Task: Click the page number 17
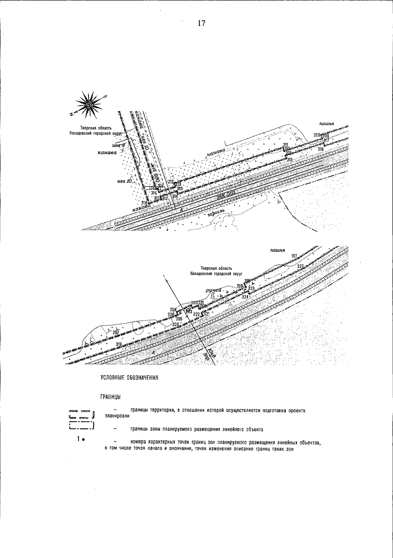point(201,23)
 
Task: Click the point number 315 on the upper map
point(290,160)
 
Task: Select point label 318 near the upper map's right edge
point(320,149)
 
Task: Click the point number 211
point(285,145)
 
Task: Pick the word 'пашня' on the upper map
point(327,124)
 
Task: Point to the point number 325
point(301,266)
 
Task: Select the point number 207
point(116,332)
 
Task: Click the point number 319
point(119,344)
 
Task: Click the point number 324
point(245,297)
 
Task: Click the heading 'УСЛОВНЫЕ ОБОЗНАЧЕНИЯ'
point(129,378)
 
